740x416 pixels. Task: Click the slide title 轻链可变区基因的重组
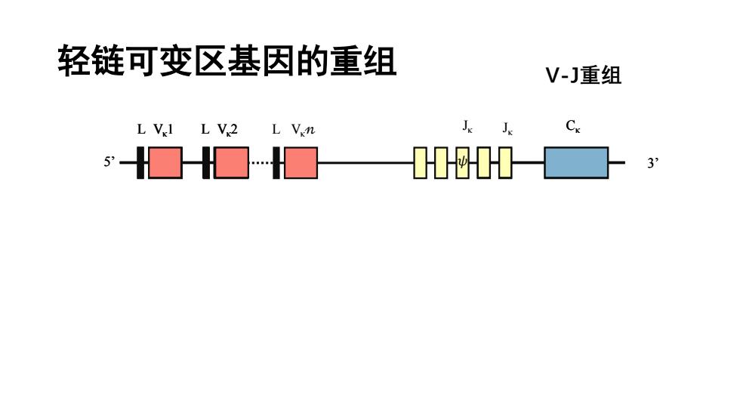(x=227, y=61)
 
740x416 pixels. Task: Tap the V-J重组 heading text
(x=583, y=75)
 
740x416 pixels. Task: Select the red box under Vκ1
(x=165, y=163)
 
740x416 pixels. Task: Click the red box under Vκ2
(x=231, y=163)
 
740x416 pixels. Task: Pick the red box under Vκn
(x=301, y=163)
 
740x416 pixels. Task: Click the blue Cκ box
(x=576, y=163)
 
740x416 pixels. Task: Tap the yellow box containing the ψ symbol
(x=462, y=163)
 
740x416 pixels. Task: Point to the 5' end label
(x=109, y=162)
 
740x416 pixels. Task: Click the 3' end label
(x=652, y=163)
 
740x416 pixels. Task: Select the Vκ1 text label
(x=163, y=130)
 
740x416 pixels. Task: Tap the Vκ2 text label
(x=227, y=130)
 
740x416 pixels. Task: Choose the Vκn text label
(x=303, y=130)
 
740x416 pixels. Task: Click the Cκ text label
(x=573, y=126)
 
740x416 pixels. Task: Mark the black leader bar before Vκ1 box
(x=140, y=163)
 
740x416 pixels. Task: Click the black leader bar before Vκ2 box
(x=205, y=163)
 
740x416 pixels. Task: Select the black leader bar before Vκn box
(x=276, y=163)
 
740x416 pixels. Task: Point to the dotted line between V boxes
(x=261, y=163)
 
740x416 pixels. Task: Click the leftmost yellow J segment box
(x=420, y=163)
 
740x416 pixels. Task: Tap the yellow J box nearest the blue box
(x=505, y=163)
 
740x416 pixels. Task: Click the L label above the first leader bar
(x=141, y=129)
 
